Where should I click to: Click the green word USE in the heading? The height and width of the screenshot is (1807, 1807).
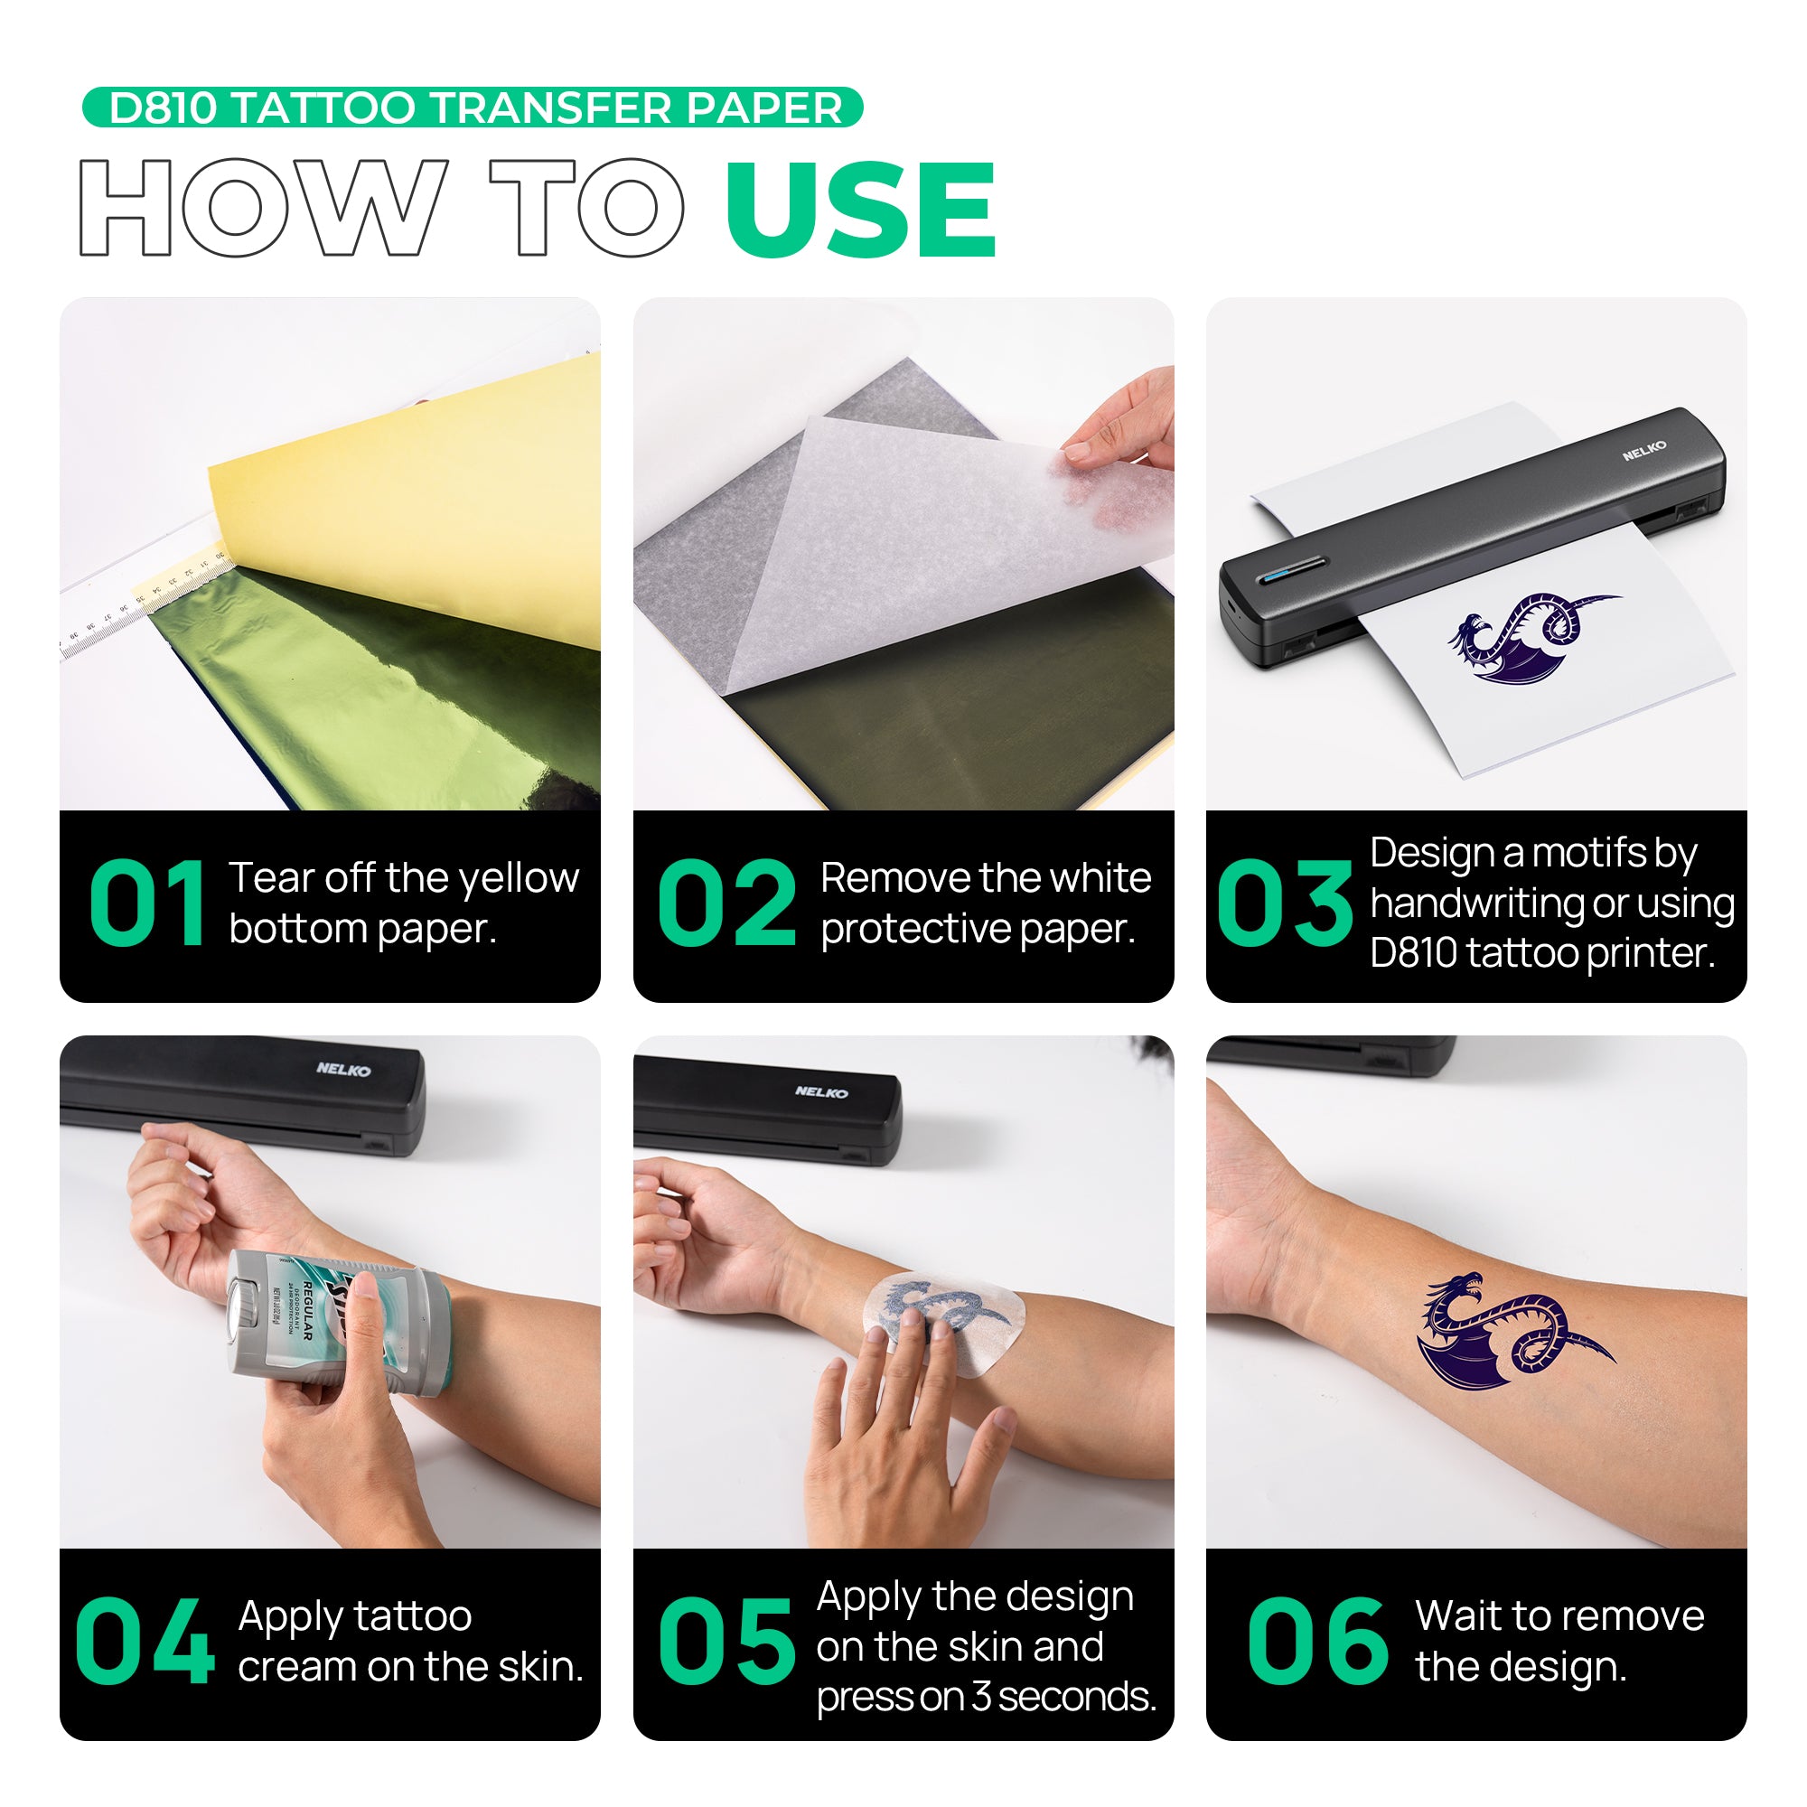[x=860, y=209]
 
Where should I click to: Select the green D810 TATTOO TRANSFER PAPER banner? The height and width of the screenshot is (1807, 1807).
[x=473, y=108]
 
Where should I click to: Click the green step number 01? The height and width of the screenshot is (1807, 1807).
[x=148, y=904]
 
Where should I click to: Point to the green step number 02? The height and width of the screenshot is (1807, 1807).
[x=726, y=904]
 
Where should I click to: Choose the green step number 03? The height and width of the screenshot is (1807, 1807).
[x=1284, y=904]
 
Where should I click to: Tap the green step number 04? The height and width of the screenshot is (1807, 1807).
[x=145, y=1643]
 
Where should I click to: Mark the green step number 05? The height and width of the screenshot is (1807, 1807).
[x=726, y=1643]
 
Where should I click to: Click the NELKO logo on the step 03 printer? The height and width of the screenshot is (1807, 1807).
[x=1643, y=451]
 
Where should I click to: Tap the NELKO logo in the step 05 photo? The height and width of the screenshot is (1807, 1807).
[x=821, y=1092]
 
